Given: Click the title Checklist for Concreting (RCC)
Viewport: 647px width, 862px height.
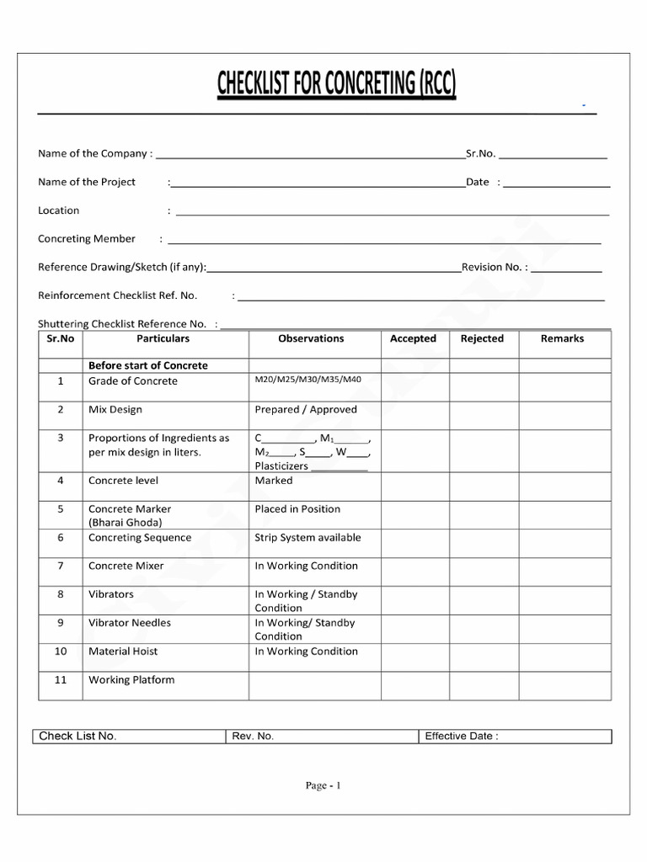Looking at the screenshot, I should pyautogui.click(x=336, y=85).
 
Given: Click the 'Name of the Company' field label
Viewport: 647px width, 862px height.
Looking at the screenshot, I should pyautogui.click(x=95, y=154).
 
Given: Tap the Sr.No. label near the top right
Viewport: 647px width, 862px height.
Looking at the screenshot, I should pyautogui.click(x=481, y=154).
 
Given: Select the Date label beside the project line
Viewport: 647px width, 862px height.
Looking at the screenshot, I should pyautogui.click(x=478, y=182).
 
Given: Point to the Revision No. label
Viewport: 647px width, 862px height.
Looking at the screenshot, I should pyautogui.click(x=495, y=267).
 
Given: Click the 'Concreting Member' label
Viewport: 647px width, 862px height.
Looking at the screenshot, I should pyautogui.click(x=87, y=239).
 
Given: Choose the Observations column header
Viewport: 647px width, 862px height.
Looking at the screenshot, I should pyautogui.click(x=311, y=338).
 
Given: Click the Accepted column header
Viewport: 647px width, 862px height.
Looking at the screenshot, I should pyautogui.click(x=413, y=338).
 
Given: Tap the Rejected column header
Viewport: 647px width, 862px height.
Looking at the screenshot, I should pyautogui.click(x=482, y=338).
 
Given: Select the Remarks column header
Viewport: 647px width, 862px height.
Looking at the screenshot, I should pyautogui.click(x=562, y=338).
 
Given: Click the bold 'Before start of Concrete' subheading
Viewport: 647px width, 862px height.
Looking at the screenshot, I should pyautogui.click(x=148, y=365).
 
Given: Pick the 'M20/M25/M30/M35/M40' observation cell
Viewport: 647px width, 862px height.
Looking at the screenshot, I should pyautogui.click(x=307, y=380).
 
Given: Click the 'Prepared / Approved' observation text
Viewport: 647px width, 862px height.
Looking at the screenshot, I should pyautogui.click(x=306, y=410).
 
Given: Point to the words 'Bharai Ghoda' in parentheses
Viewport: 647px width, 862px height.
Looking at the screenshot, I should pyautogui.click(x=125, y=522).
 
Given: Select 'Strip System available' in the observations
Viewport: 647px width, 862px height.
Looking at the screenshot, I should pyautogui.click(x=307, y=537).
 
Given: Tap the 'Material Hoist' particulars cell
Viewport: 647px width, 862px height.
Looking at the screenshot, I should pyautogui.click(x=123, y=651).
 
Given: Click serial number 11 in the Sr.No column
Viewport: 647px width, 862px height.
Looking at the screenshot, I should pyautogui.click(x=61, y=679).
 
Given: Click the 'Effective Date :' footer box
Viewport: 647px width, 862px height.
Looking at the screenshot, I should pyautogui.click(x=462, y=736).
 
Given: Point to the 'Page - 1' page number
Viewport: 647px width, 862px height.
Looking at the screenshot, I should pyautogui.click(x=323, y=785).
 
